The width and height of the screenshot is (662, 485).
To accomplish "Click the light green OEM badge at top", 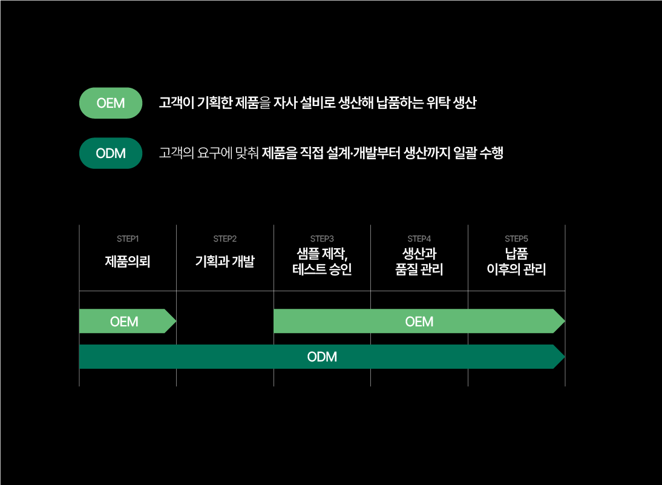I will [111, 103].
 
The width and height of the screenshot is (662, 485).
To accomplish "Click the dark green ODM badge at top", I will [111, 153].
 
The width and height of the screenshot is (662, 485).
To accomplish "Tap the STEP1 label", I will [128, 239].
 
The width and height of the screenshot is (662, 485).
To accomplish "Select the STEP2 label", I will [225, 239].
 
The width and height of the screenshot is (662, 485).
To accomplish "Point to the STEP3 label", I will [322, 239].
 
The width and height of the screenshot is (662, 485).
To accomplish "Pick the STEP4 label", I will [419, 239].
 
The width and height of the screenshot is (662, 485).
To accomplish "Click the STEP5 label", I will [517, 239].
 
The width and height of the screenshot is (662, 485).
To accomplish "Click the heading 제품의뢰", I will [128, 262].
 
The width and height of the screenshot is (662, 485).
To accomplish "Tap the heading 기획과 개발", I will [225, 262].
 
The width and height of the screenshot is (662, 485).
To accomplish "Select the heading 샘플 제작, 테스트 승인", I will [322, 261].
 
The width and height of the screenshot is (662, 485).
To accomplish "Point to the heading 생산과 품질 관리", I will [419, 261].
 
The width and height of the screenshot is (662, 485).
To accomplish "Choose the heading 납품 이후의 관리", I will [517, 261].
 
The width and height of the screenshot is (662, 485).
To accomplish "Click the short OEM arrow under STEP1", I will [125, 322].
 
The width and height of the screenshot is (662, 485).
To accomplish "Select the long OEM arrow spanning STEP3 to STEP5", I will [419, 322].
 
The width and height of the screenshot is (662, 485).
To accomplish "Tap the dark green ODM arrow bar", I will [322, 357].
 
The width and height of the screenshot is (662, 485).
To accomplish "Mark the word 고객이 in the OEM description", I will [176, 103].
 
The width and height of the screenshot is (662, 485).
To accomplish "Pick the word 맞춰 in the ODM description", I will [245, 153].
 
